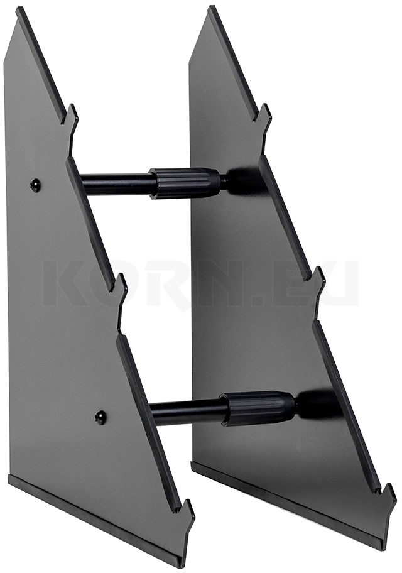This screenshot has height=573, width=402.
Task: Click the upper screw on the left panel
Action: pyautogui.click(x=35, y=185)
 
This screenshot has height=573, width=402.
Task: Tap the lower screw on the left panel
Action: pyautogui.click(x=100, y=417)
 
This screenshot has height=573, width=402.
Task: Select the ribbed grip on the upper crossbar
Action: pyautogui.click(x=185, y=182)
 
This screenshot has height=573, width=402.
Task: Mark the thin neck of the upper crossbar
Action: pyautogui.click(x=224, y=182)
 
